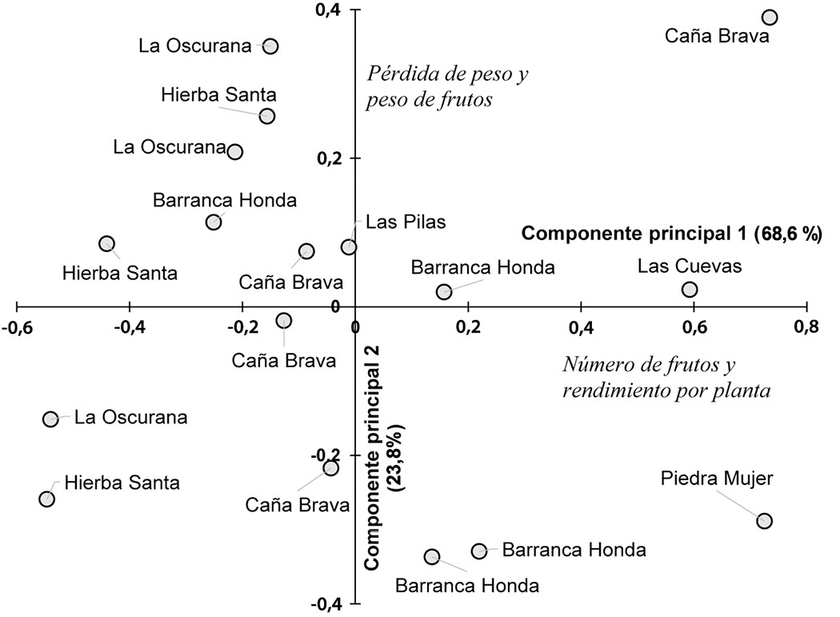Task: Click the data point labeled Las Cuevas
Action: pos(690,289)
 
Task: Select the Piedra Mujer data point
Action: pos(764,521)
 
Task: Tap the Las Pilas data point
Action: pos(349,246)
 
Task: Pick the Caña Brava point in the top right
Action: pos(770,18)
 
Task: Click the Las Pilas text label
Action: pos(394,222)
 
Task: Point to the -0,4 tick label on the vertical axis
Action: pos(327,603)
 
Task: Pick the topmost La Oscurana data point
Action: pos(270,46)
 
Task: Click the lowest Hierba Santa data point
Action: pos(46,499)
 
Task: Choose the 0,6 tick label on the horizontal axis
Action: pos(694,327)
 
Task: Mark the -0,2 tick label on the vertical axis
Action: pos(327,455)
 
